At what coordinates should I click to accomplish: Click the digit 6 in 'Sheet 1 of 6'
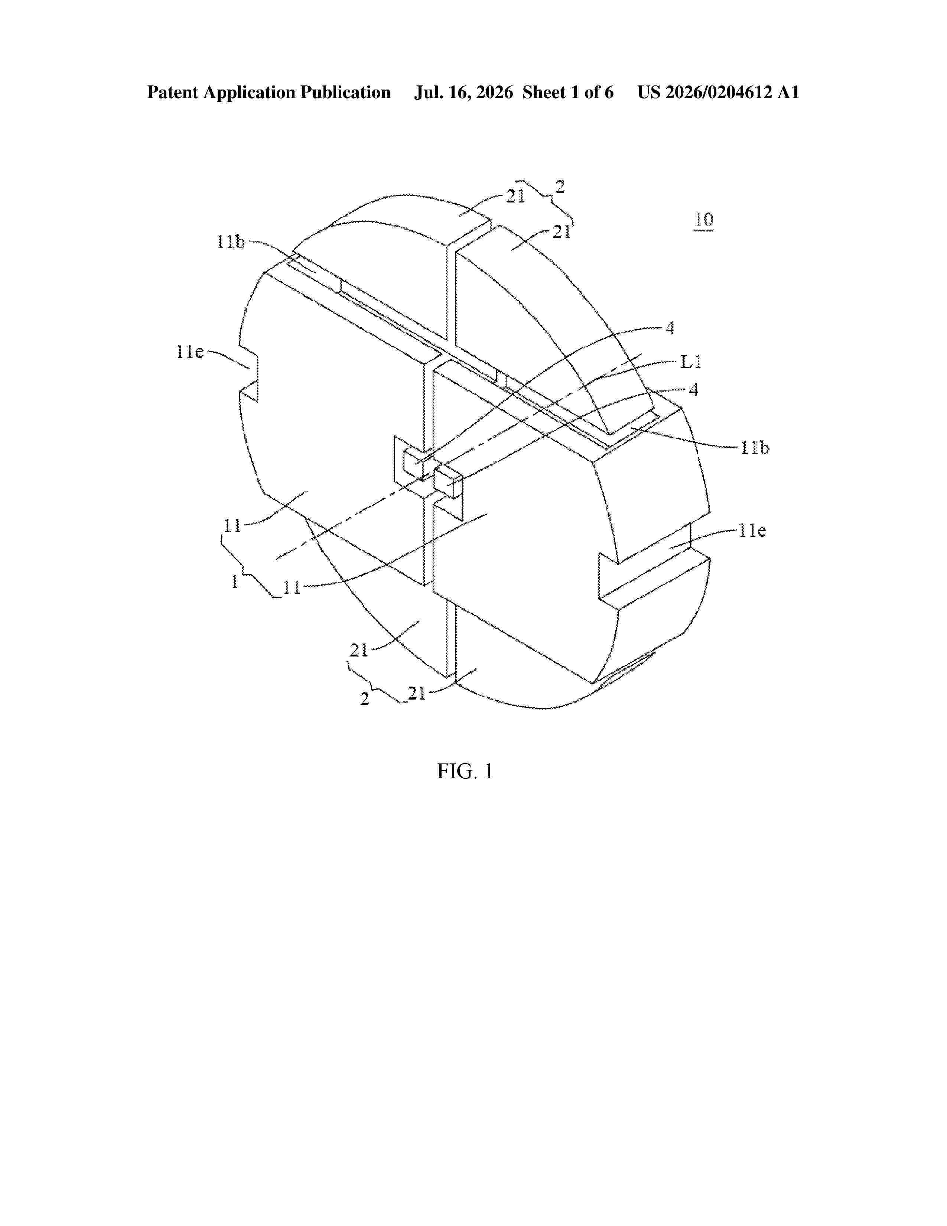[x=609, y=93]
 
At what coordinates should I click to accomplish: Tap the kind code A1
[x=788, y=93]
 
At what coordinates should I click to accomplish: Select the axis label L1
[x=691, y=362]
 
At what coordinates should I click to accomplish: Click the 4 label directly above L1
[x=670, y=328]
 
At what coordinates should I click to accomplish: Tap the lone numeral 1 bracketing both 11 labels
[x=234, y=581]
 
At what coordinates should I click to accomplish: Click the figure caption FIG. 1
[x=465, y=771]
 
